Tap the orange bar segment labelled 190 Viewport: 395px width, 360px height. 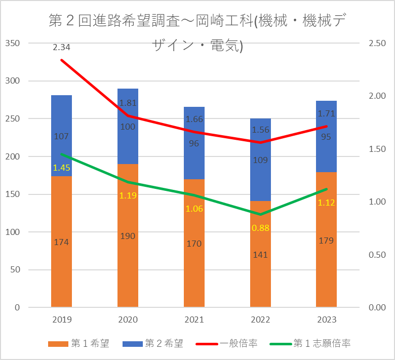pyautogui.click(x=128, y=235)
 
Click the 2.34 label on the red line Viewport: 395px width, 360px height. pyautogui.click(x=61, y=48)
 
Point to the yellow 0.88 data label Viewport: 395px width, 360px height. pyautogui.click(x=261, y=228)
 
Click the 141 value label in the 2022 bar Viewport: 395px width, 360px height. pyautogui.click(x=261, y=255)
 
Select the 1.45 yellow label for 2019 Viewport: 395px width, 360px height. pyautogui.click(x=61, y=167)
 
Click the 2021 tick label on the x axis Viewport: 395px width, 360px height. pyautogui.click(x=194, y=320)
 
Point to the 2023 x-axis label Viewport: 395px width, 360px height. pyautogui.click(x=326, y=320)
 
